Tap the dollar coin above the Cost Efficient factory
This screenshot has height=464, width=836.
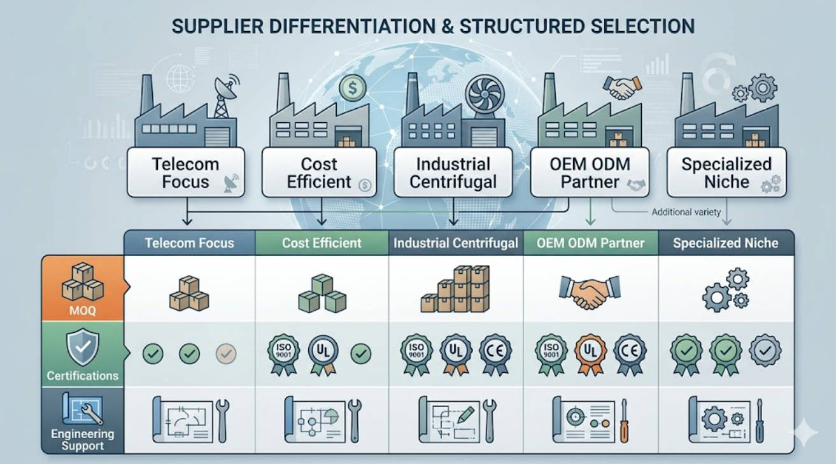point(353,88)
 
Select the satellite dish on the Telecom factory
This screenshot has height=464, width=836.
point(226,88)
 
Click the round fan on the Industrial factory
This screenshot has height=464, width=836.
point(485,94)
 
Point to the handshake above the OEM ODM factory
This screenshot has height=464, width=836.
point(622,88)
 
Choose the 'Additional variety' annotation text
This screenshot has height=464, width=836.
point(686,212)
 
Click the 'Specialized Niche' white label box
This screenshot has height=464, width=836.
point(726,172)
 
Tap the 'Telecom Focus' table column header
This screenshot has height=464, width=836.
point(189,243)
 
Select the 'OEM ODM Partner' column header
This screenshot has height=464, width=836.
point(590,243)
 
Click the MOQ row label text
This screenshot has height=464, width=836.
point(83,311)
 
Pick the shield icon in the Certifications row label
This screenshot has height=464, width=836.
point(83,347)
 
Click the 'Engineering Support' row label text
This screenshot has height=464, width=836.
point(83,440)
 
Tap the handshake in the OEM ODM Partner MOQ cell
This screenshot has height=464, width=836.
point(590,292)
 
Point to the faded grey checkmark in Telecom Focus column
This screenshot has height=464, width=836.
point(226,353)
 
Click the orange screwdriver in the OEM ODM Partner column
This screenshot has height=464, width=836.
point(624,421)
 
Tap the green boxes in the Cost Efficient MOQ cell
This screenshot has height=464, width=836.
point(322,293)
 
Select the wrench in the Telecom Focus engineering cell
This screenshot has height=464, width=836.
point(223,421)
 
